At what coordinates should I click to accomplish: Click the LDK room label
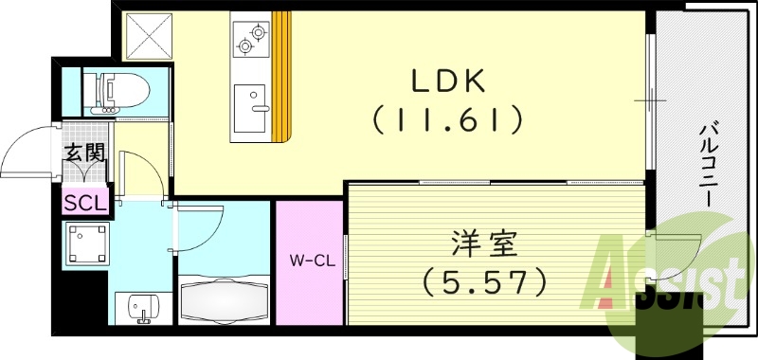(447, 82)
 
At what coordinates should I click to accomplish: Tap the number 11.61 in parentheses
(447, 120)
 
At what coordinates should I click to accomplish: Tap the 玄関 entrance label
(84, 151)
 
